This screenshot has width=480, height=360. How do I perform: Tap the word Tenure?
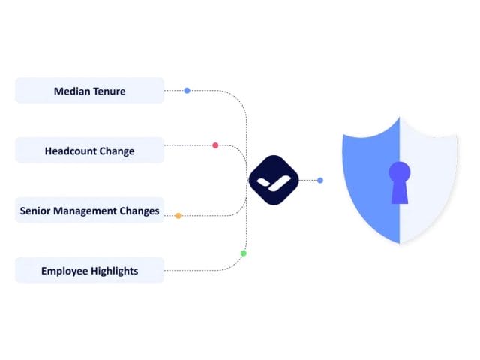pyautogui.click(x=109, y=91)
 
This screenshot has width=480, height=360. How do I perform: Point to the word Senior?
pyautogui.click(x=36, y=211)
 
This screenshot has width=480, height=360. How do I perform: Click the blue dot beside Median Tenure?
pyautogui.click(x=187, y=91)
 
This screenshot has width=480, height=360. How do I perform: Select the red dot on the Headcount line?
pyautogui.click(x=215, y=145)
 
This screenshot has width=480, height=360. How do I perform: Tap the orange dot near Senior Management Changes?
pyautogui.click(x=178, y=216)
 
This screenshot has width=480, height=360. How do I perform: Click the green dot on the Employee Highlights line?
pyautogui.click(x=243, y=253)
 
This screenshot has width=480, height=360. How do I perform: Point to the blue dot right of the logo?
pyautogui.click(x=320, y=180)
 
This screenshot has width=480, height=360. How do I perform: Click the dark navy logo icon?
pyautogui.click(x=273, y=180)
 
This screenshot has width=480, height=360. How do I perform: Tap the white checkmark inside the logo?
pyautogui.click(x=273, y=181)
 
